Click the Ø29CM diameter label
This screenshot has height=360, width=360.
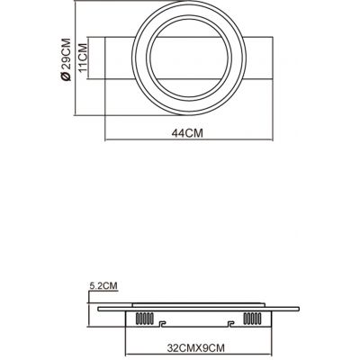pos(66,59)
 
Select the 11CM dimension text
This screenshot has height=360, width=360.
pos(83,58)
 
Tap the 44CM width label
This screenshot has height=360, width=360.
pos(187,133)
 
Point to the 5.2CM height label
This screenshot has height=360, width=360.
pos(103,285)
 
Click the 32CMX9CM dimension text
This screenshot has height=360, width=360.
pos(195,348)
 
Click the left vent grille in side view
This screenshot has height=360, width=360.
pos(145,319)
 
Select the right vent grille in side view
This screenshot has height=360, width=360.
pos(252,319)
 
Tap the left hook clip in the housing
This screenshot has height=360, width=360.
pos(161,324)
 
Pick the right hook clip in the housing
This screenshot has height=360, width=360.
pos(230,324)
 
